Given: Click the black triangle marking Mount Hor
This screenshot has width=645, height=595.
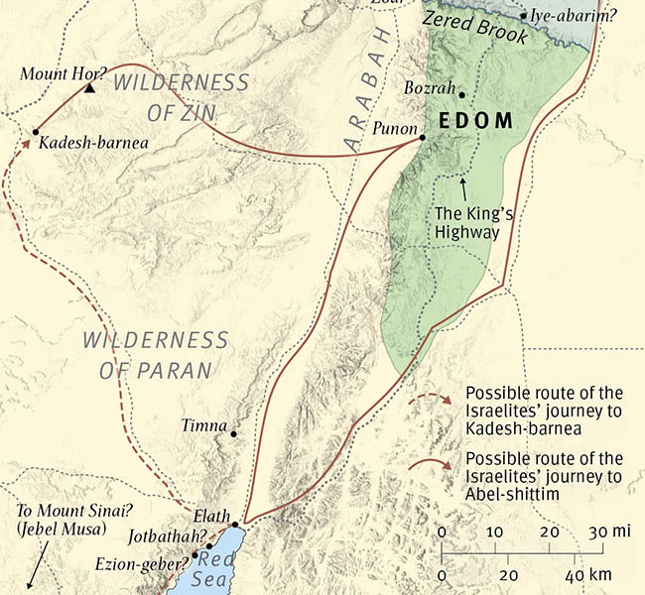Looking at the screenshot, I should [89, 88].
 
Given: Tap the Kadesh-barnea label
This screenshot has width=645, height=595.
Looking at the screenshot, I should [93, 143].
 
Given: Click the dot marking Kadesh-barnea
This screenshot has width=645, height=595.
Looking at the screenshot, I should [36, 131].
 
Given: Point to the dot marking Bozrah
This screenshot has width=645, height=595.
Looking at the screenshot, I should [460, 97].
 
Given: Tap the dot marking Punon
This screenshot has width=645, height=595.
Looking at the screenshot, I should [422, 137].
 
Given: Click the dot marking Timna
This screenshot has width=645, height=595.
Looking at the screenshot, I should [233, 433].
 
